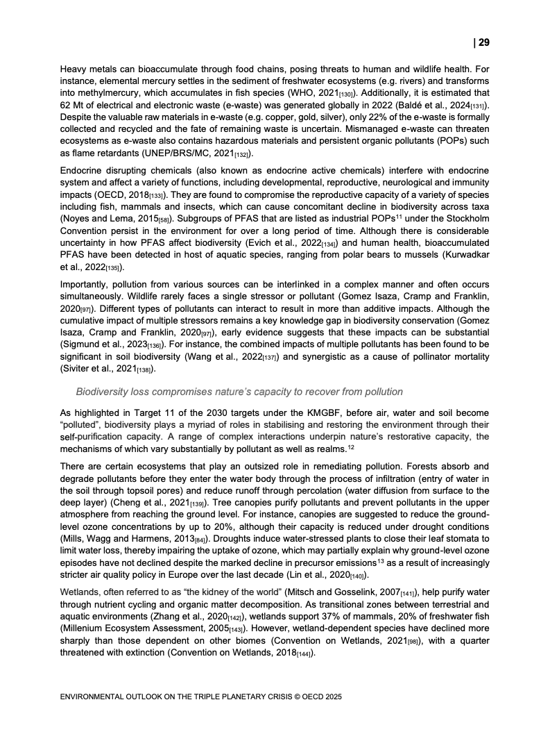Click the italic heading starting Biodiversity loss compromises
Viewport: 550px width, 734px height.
[239, 392]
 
